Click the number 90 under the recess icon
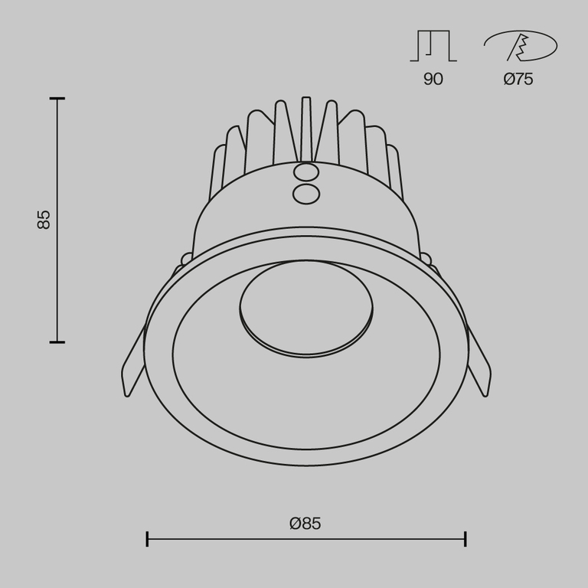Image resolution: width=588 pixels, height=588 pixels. coord(433,79)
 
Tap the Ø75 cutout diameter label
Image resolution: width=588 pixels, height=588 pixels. coord(518,79)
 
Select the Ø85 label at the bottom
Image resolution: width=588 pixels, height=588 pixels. coord(305,524)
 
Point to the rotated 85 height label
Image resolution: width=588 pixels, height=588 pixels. coord(44,220)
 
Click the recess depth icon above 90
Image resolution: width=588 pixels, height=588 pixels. coord(433,46)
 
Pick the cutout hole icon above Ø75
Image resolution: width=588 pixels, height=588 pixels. coord(520,47)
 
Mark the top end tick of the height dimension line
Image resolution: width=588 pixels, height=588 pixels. coord(57,99)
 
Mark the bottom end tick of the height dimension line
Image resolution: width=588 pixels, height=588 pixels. coord(57,342)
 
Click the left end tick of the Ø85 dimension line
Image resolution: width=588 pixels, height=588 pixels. coord(147,540)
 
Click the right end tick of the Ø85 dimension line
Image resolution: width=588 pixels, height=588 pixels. coord(465,540)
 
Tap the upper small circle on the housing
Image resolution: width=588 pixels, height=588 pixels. coord(306,172)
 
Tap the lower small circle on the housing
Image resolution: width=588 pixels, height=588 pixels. coord(306,194)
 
